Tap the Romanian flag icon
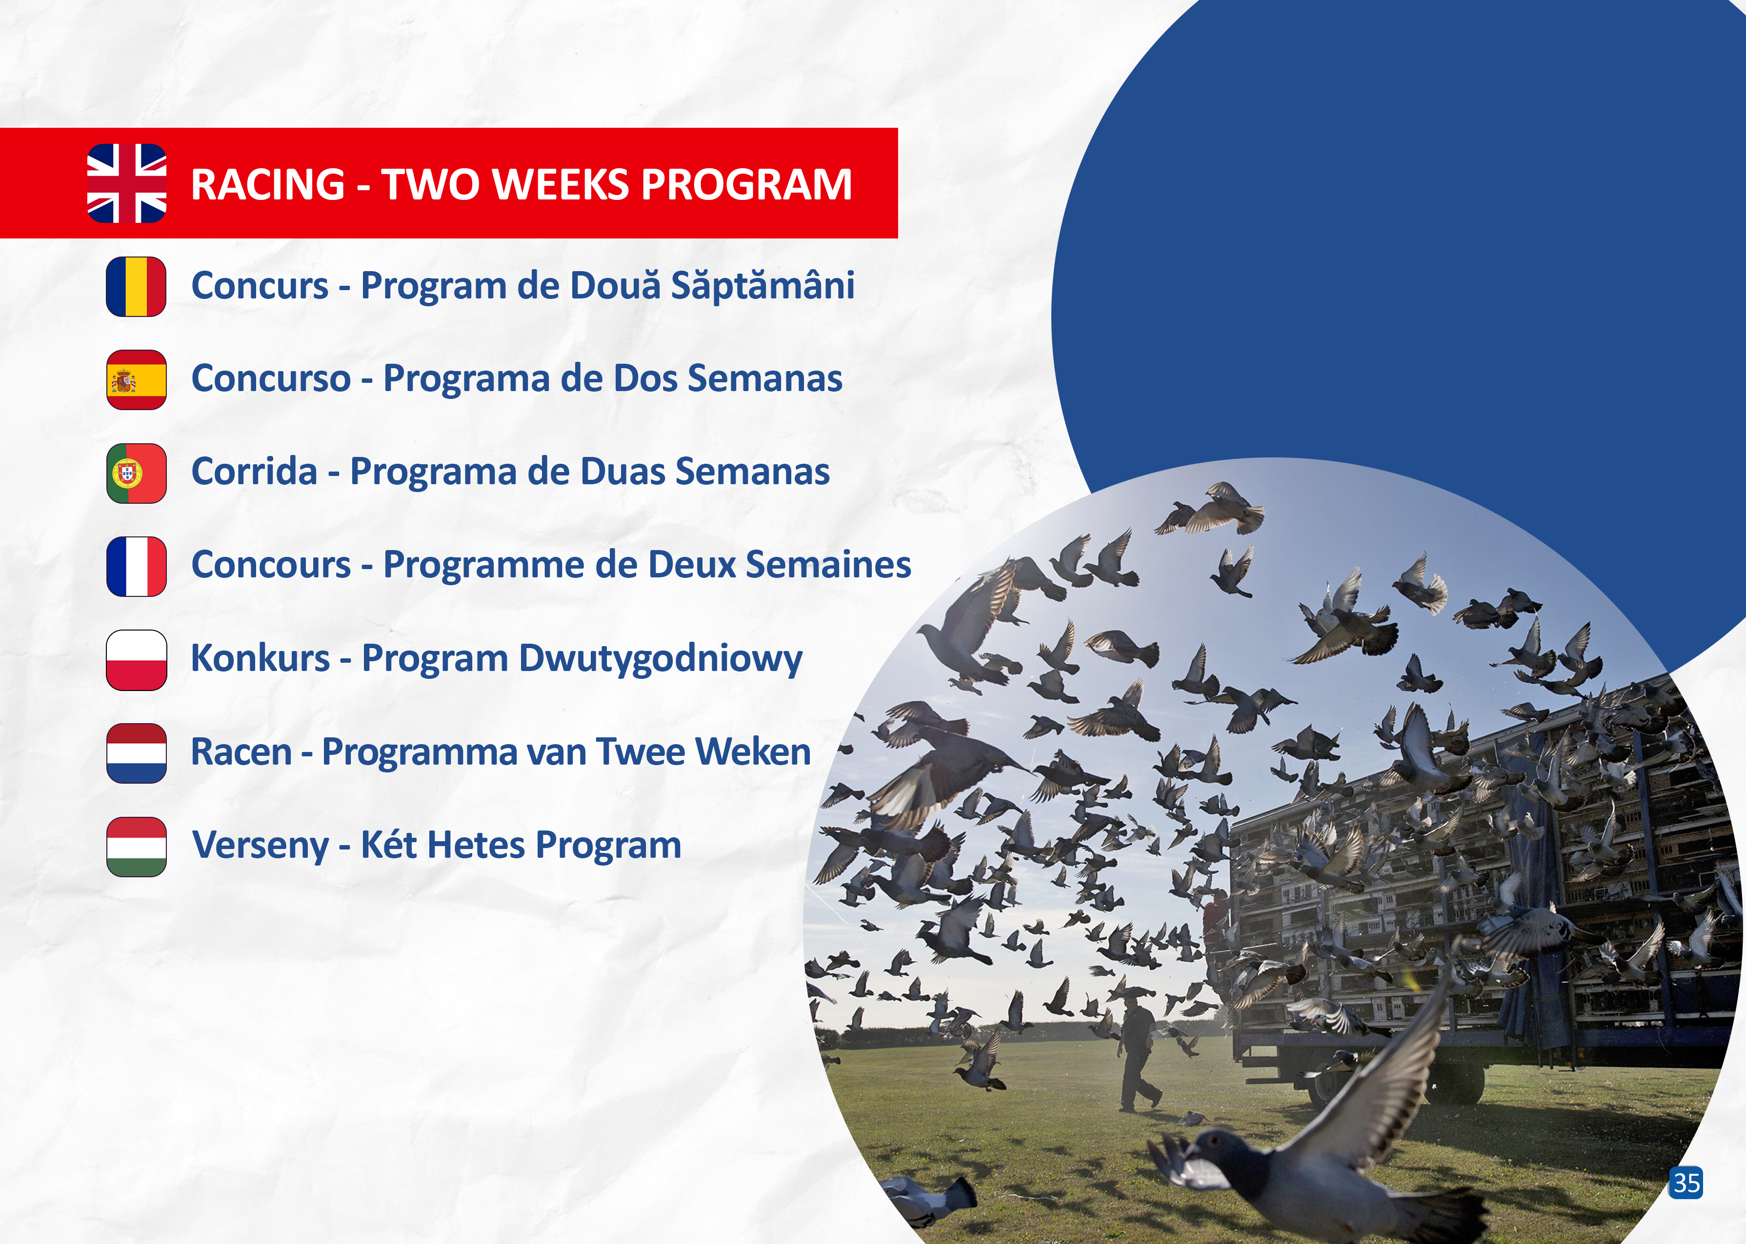point(137,286)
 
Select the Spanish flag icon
point(137,380)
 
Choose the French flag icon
point(137,567)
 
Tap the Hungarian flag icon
point(137,847)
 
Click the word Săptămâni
point(763,286)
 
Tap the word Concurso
point(271,378)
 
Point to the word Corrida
point(254,471)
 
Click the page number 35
point(1686,1183)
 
